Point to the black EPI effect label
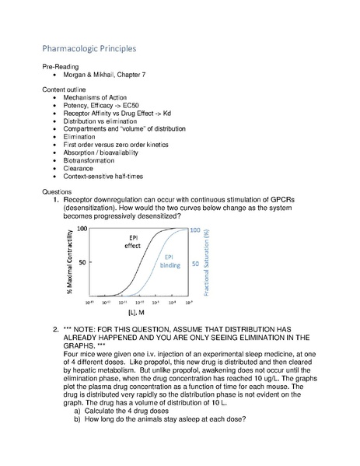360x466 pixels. (134, 242)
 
